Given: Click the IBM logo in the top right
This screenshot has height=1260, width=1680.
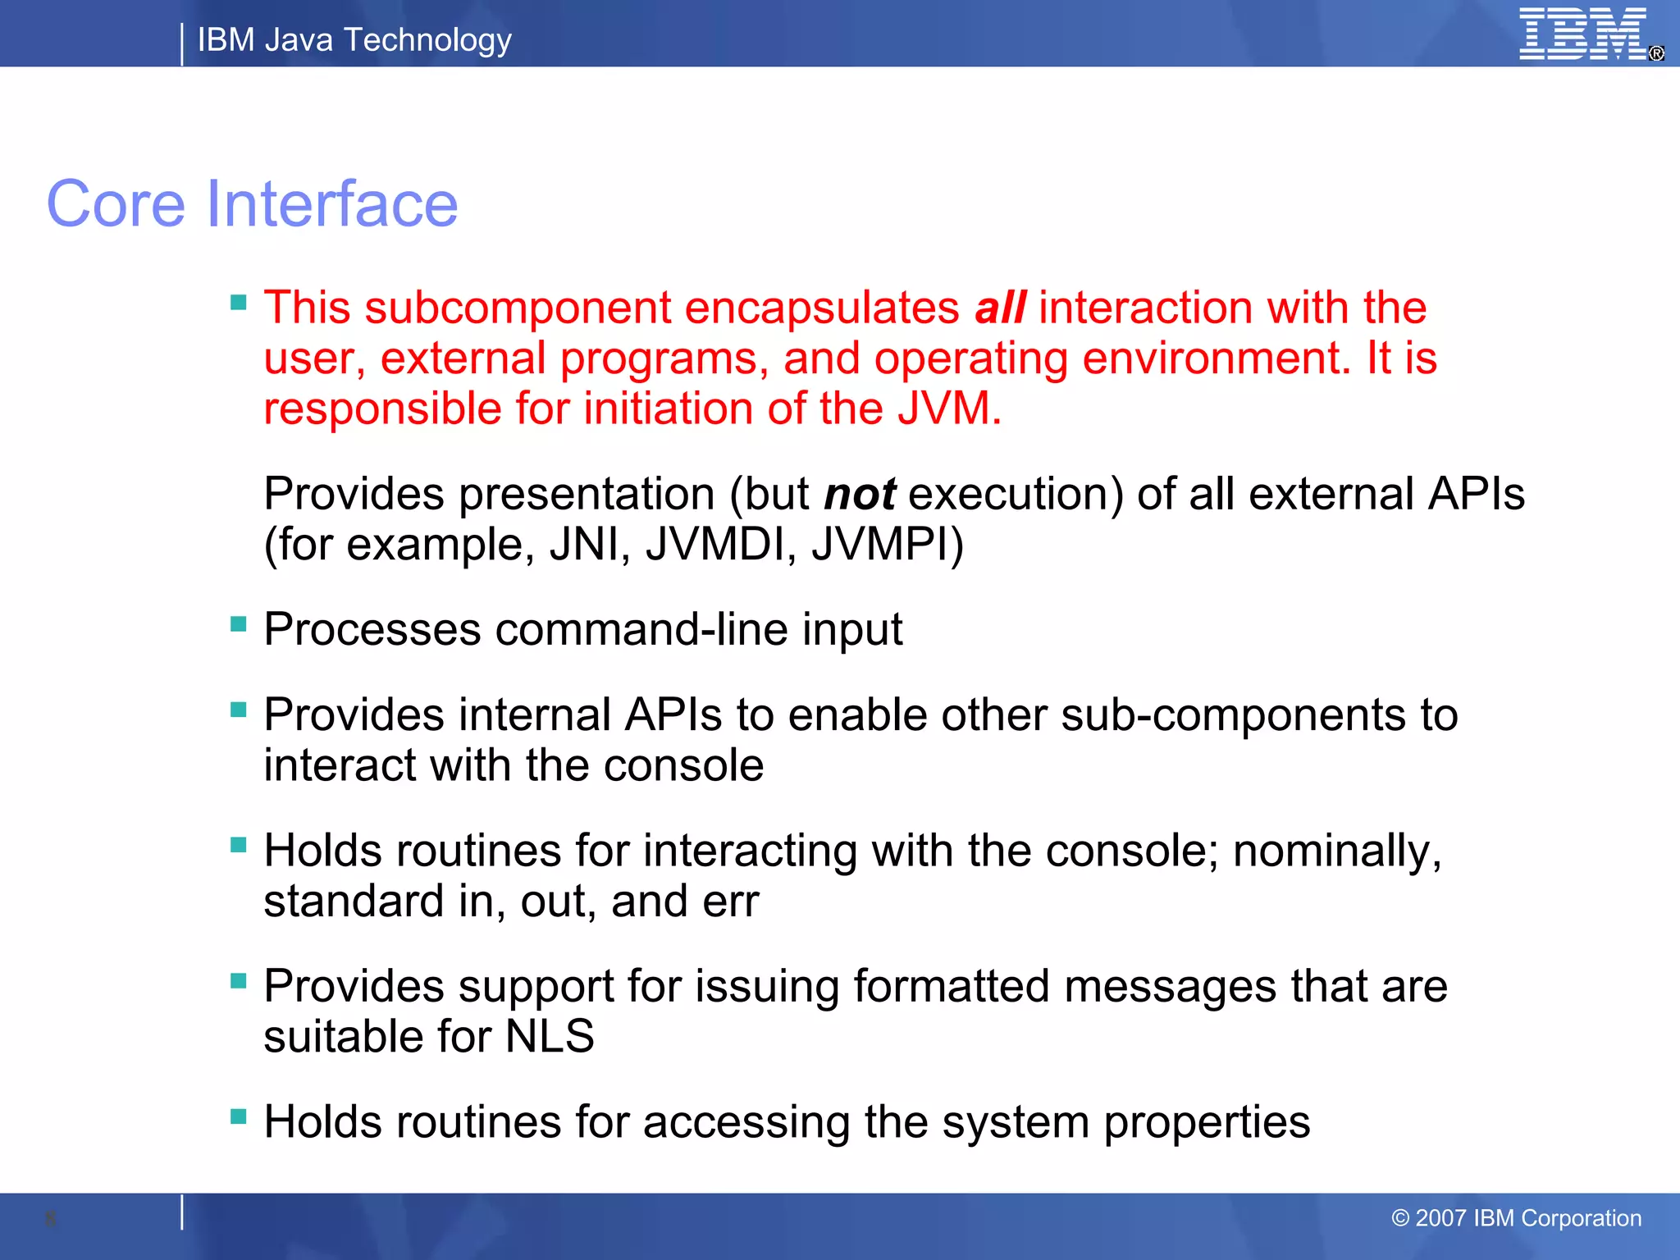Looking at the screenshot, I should tap(1583, 34).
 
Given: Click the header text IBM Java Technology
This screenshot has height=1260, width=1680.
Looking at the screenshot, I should tap(354, 40).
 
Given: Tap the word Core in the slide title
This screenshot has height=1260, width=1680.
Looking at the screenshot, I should tap(116, 204).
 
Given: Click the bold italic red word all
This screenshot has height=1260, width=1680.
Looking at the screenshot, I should tap(999, 308).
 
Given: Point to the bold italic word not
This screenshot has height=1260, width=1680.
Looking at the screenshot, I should tap(859, 495).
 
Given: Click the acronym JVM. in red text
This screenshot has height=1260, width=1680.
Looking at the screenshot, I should tap(949, 409).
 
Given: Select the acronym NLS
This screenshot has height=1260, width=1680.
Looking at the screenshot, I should tap(550, 1037).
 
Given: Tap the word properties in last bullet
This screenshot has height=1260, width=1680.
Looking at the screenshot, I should tap(1206, 1123).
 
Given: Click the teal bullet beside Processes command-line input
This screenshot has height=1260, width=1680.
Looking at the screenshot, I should tap(239, 624).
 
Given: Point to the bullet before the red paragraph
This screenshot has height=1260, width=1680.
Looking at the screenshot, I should tap(239, 303).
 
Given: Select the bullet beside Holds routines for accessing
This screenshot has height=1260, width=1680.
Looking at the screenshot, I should tap(239, 1116).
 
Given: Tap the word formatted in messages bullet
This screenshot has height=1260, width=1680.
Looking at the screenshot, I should tap(952, 987).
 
